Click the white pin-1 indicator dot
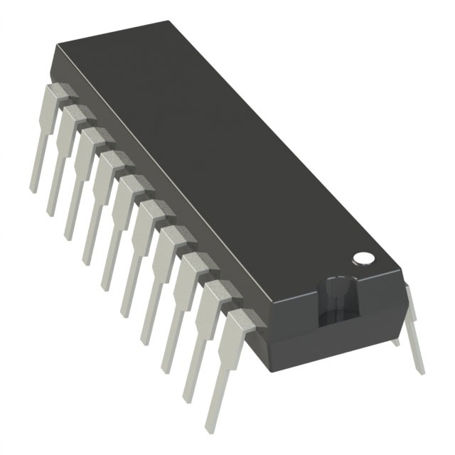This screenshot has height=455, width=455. click(363, 257)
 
